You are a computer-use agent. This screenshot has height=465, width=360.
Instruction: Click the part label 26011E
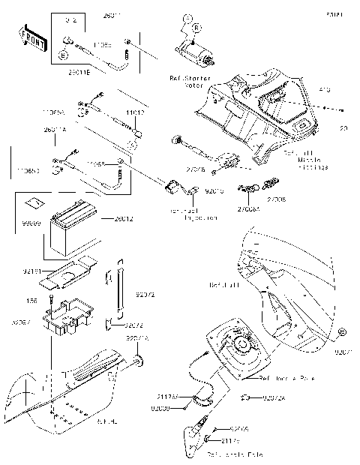point(79,73)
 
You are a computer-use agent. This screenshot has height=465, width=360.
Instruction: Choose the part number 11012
point(135,112)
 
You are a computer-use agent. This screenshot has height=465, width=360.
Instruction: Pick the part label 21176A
point(166,396)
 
